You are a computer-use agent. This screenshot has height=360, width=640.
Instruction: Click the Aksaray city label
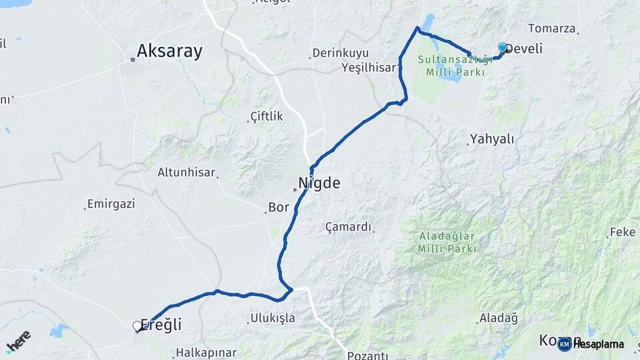pos(169,51)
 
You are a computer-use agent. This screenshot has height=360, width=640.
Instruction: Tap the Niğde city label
pos(319,183)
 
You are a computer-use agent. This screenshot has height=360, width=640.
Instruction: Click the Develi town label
pos(524,49)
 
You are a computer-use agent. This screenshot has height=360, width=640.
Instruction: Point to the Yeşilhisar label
pos(369,67)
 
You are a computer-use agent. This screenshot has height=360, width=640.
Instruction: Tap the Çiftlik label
pos(267,117)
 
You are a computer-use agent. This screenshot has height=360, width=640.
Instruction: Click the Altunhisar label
pos(187,172)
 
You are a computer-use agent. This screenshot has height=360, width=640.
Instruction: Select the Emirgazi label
pos(111,203)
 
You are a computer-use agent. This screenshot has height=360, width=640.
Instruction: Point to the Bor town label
pos(279,207)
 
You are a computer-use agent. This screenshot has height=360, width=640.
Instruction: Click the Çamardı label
pos(348,227)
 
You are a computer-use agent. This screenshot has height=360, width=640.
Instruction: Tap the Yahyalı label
pos(492,139)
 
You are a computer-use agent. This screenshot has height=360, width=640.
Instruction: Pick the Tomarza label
pos(551,28)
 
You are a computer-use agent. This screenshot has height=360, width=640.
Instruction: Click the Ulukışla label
pos(273,318)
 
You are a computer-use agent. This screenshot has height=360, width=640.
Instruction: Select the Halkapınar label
pos(207,352)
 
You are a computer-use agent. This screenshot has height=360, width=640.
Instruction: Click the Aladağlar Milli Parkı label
pos(447,242)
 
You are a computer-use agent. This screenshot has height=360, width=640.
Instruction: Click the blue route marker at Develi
pos(503,47)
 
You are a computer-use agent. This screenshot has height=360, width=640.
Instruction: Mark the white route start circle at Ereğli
pos(137,326)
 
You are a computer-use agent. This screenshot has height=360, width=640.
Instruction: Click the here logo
pos(19,340)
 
